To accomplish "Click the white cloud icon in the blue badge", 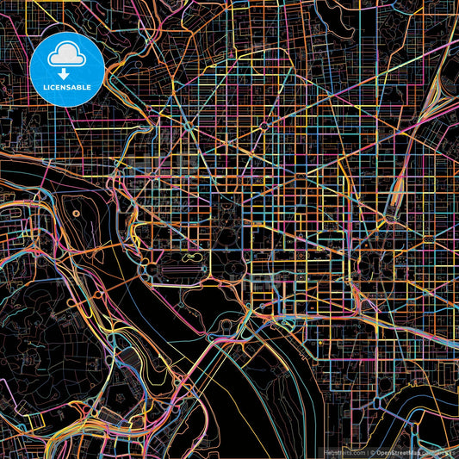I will point(66,56).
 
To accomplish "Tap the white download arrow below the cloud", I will point(66,73).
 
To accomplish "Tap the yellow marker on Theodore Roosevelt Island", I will point(77,213).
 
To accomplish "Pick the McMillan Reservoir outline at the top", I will point(344,13).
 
